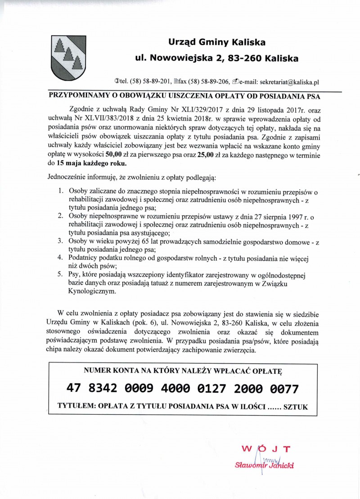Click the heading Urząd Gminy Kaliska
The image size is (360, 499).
click(x=216, y=43)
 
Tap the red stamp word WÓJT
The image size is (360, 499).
click(x=265, y=449)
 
